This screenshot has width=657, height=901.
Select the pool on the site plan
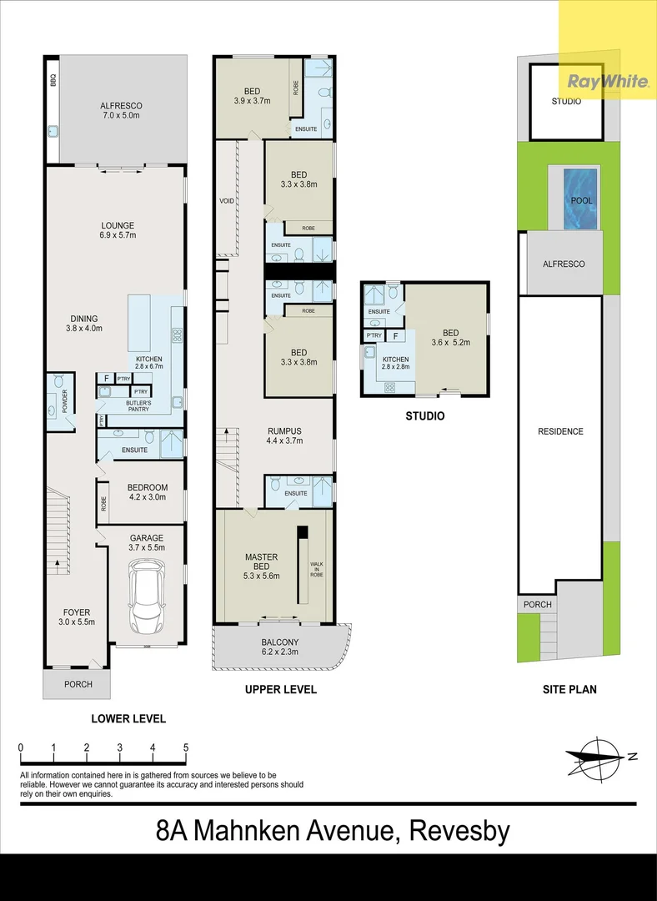coord(580,199)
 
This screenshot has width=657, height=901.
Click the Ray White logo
coord(608,81)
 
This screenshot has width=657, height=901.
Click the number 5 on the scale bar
coord(185,747)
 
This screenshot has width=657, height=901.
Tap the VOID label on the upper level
coord(227,201)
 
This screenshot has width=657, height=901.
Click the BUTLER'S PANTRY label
coord(138,406)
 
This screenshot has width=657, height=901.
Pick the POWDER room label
coord(65,401)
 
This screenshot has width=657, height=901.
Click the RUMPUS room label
coord(284,431)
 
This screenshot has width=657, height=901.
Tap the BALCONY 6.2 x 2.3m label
coord(279,647)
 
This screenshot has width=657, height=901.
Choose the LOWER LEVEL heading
coord(128,718)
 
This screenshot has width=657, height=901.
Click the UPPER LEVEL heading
coord(281,690)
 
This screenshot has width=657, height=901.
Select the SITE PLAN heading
coord(569,689)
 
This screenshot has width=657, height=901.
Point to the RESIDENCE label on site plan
coord(560,431)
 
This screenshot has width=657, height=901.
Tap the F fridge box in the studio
coord(395,336)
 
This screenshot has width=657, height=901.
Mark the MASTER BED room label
coord(261,561)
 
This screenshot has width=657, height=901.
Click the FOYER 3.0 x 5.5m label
coord(77,617)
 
